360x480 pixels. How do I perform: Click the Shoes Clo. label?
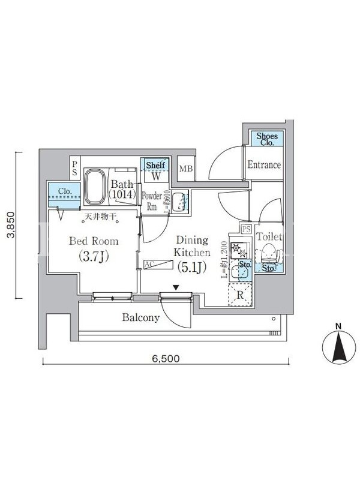(266, 139)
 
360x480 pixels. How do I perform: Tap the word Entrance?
(264, 165)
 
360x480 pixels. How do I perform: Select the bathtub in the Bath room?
(95, 187)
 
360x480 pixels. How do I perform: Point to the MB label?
(185, 169)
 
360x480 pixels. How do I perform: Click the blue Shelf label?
(155, 164)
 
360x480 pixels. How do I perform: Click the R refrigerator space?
(240, 294)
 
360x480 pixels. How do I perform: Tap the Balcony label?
(141, 317)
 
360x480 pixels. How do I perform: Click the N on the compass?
(338, 326)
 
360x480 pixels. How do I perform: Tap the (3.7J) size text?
(94, 256)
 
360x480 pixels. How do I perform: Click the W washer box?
(155, 176)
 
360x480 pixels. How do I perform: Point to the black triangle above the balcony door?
(175, 287)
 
